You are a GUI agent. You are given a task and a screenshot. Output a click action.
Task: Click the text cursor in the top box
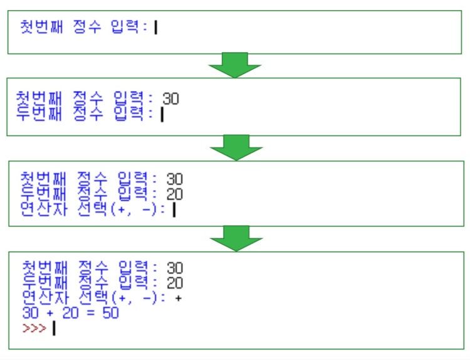pyautogui.click(x=155, y=28)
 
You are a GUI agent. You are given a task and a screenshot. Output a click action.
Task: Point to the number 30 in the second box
pyautogui.click(x=170, y=98)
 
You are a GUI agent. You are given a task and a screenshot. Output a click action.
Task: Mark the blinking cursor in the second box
pyautogui.click(x=162, y=114)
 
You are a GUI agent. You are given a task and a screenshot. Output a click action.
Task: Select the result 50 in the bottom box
pyautogui.click(x=110, y=313)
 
